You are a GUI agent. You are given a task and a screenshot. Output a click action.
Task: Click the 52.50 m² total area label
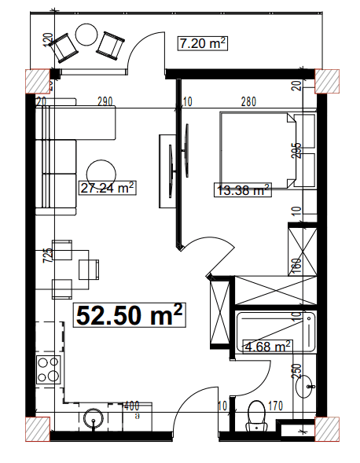pyautogui.click(x=130, y=315)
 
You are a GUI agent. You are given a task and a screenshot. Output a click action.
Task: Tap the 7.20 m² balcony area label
pyautogui.click(x=202, y=44)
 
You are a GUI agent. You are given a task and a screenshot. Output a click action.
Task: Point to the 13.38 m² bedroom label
pyautogui.click(x=243, y=189)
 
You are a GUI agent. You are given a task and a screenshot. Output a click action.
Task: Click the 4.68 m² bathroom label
pyautogui.click(x=268, y=344)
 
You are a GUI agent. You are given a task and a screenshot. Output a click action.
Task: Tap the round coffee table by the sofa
pyautogui.click(x=100, y=173)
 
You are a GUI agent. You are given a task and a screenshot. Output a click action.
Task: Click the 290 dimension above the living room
pyautogui.click(x=105, y=101)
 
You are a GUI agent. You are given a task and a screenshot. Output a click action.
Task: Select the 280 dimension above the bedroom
pyautogui.click(x=248, y=101)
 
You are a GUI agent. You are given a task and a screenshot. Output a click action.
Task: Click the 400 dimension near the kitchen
pyautogui.click(x=131, y=406)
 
